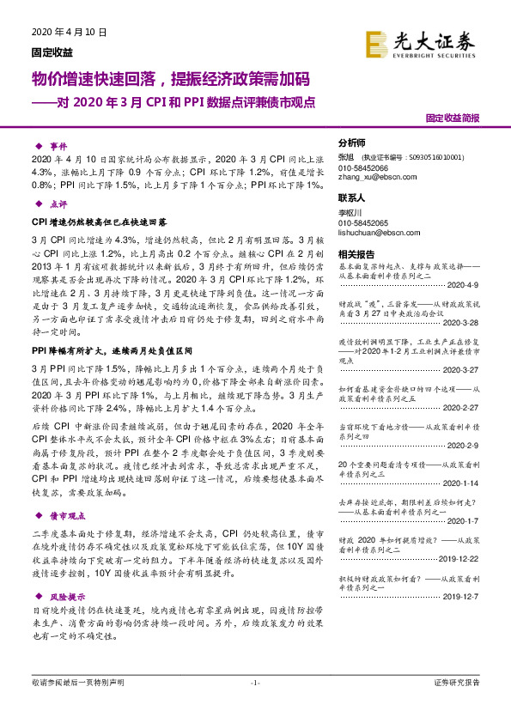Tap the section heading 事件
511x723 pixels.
pos(58,147)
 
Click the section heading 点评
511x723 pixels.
pos(58,204)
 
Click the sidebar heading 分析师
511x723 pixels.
pos(352,143)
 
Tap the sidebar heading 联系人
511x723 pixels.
pos(352,196)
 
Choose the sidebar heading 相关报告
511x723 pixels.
pos(356,255)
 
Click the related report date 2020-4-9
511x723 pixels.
pos(465,284)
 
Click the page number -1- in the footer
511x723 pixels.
pos(255,683)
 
